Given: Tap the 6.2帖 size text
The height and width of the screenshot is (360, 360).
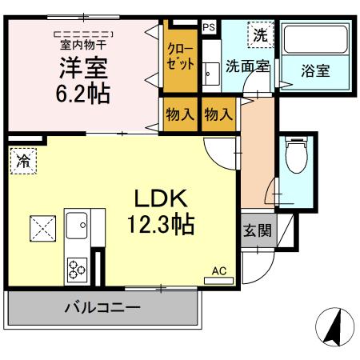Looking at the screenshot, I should point(83,93).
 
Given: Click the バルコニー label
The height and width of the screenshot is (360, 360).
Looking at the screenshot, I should point(102,307).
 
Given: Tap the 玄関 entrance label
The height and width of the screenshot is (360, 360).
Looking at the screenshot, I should point(256,231).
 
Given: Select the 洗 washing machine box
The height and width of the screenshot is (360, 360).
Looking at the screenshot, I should point(259,35).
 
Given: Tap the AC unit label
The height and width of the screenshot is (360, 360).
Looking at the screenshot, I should point(218,271).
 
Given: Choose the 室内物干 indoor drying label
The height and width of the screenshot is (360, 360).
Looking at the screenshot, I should point(83,45).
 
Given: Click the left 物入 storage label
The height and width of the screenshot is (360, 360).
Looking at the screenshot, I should point(180,114).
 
